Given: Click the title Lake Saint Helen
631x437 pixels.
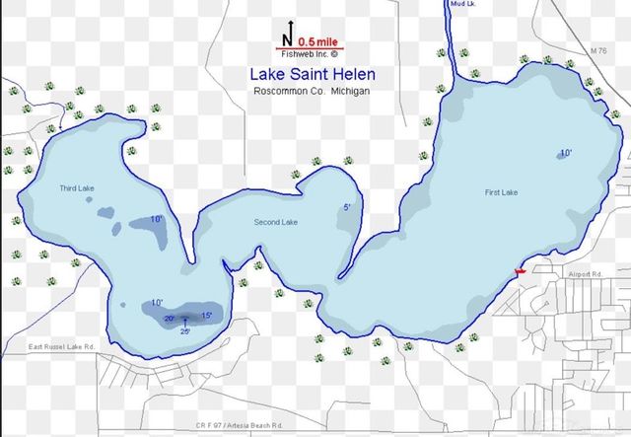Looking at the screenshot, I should point(312,74).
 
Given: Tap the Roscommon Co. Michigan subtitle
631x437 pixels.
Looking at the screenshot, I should point(312,91).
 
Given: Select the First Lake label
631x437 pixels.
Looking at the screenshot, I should point(501,192).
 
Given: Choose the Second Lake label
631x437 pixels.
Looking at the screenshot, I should point(276,222).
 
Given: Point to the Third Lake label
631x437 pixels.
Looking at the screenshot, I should point(76,187).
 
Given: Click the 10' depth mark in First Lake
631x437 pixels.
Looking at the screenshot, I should point(565,153).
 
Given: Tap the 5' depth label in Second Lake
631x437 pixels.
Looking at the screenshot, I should point(346,207).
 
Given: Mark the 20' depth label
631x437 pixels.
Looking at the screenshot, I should point(169,319).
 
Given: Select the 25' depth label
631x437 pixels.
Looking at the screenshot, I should point(184,331).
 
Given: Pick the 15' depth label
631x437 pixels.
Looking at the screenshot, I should point(206,315).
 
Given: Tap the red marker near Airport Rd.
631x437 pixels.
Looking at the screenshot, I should point(521,271).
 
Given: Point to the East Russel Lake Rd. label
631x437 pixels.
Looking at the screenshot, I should point(61,347).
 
